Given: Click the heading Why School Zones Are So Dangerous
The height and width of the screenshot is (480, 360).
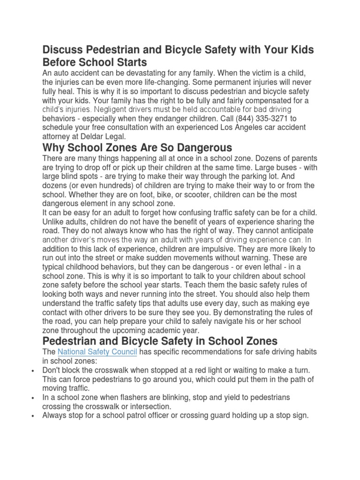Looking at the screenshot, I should click(x=137, y=148).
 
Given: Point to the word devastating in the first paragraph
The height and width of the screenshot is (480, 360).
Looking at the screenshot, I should click(x=152, y=73).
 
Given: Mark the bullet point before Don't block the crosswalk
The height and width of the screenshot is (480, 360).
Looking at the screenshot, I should click(x=32, y=370).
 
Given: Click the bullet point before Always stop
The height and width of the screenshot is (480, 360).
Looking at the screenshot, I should click(x=32, y=415).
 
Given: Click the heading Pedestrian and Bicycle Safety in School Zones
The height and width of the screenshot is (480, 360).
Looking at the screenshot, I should click(x=160, y=341).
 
